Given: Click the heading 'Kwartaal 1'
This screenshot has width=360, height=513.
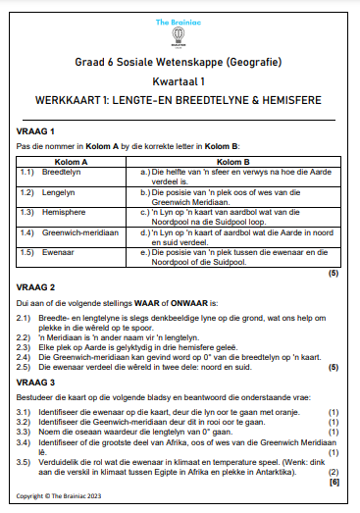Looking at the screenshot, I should (180, 82).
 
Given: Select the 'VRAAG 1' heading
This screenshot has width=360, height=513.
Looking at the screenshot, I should (38, 130).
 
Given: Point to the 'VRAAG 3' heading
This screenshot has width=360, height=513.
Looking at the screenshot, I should (38, 381).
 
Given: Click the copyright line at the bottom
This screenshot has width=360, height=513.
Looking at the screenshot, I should (60, 497).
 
